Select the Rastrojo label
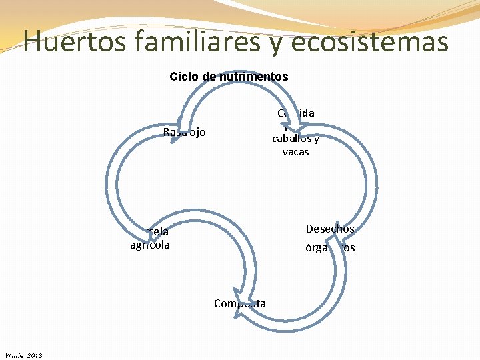[x=184, y=132]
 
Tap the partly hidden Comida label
[x=296, y=113]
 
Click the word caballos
[x=291, y=139]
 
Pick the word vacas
[x=295, y=152]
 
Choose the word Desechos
[x=329, y=229]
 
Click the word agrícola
[x=150, y=245]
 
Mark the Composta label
[x=240, y=303]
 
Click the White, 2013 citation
[x=23, y=355]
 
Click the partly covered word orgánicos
[x=330, y=248]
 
